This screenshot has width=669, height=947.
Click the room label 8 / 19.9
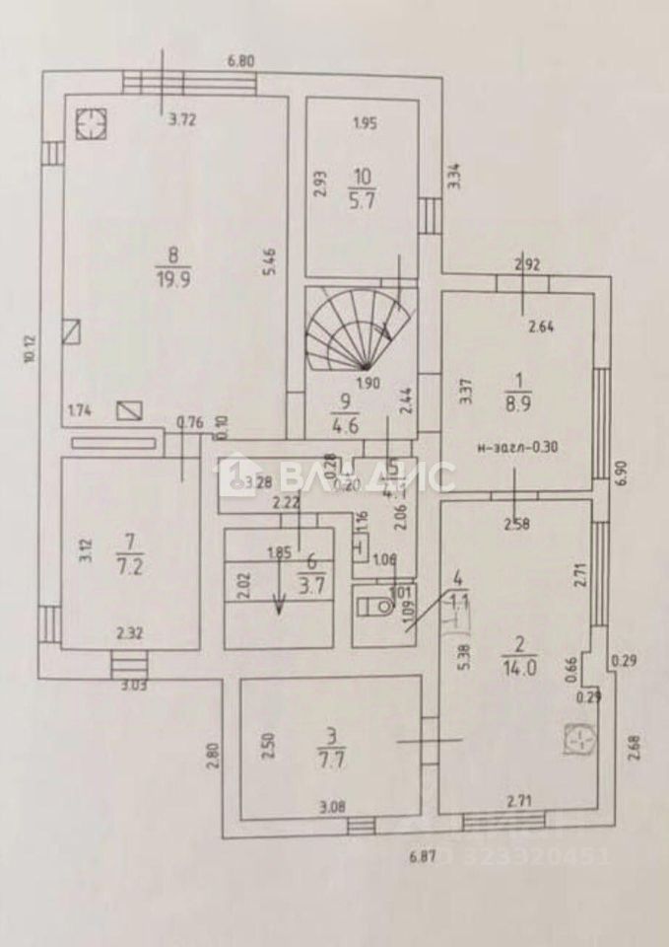point(178,267)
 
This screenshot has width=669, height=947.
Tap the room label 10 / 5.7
point(364,185)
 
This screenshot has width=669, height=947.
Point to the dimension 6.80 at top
point(241,61)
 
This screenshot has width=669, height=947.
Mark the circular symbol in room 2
point(580,739)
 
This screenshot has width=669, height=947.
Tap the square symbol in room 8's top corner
point(91,122)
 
